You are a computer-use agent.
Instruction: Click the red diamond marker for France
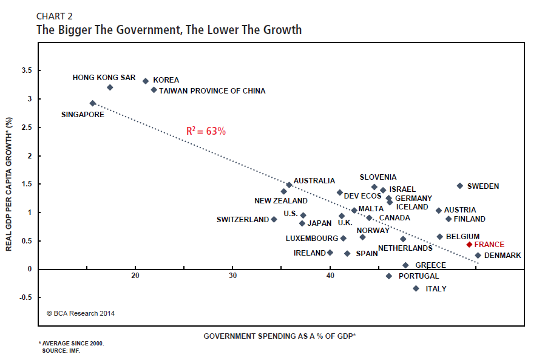[x=469, y=245]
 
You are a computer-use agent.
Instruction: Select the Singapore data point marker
[x=93, y=103]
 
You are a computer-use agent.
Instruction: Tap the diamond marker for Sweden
[x=459, y=186]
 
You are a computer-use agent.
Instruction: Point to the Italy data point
[x=416, y=288]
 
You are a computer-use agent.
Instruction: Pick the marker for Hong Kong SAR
[x=110, y=87]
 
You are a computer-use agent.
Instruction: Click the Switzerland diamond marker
[x=274, y=219]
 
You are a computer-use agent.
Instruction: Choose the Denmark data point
[x=478, y=256]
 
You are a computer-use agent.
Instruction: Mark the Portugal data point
[x=389, y=276]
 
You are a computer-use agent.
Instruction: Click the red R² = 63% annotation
[x=206, y=131]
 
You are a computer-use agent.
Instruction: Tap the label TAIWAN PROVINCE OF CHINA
[x=212, y=91]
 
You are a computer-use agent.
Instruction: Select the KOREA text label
[x=166, y=80]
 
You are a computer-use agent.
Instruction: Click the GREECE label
[x=430, y=265]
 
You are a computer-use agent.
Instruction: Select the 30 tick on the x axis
[x=233, y=276]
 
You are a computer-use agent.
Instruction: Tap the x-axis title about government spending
[x=280, y=336]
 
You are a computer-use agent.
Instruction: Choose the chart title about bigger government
[x=169, y=29]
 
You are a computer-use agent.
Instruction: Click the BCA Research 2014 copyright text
[x=81, y=314]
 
